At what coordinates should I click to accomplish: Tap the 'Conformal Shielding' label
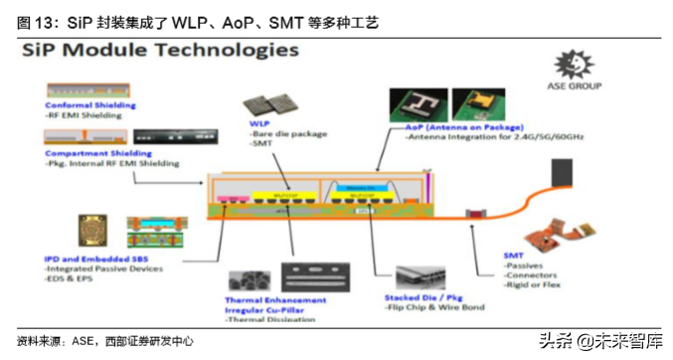[90, 104]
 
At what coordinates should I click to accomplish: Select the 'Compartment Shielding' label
[97, 155]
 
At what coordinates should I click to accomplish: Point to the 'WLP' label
[259, 124]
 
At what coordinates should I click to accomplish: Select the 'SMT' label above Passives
[514, 256]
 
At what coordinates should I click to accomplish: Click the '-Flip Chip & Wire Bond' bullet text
[434, 307]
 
